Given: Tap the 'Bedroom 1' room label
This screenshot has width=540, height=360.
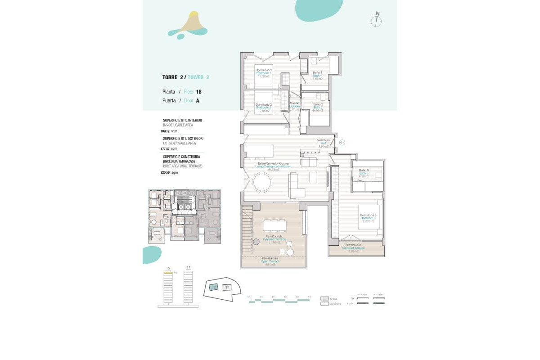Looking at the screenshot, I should [263, 73].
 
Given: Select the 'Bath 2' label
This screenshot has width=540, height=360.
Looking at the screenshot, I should [318, 107].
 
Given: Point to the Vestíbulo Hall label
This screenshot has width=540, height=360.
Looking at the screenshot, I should [324, 143].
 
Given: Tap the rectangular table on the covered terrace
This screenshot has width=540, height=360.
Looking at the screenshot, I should [275, 225].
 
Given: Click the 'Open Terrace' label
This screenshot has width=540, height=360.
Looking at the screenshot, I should [270, 261].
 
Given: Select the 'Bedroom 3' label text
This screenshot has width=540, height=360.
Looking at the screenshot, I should [368, 218].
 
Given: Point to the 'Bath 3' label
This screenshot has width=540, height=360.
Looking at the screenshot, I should [364, 173].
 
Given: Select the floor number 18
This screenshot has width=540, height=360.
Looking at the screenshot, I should [198, 91].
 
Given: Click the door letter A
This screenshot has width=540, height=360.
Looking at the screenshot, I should [198, 101].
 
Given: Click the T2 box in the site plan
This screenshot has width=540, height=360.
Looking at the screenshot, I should [214, 287].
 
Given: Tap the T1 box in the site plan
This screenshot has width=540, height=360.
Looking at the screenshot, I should [227, 287].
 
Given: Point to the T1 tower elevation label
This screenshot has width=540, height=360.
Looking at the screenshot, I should [188, 268].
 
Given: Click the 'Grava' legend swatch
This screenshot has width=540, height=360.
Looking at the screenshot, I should [325, 298].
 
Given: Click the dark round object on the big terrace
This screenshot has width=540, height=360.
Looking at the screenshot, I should [256, 242].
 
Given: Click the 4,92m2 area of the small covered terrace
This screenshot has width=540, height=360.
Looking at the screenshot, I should [353, 251].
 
